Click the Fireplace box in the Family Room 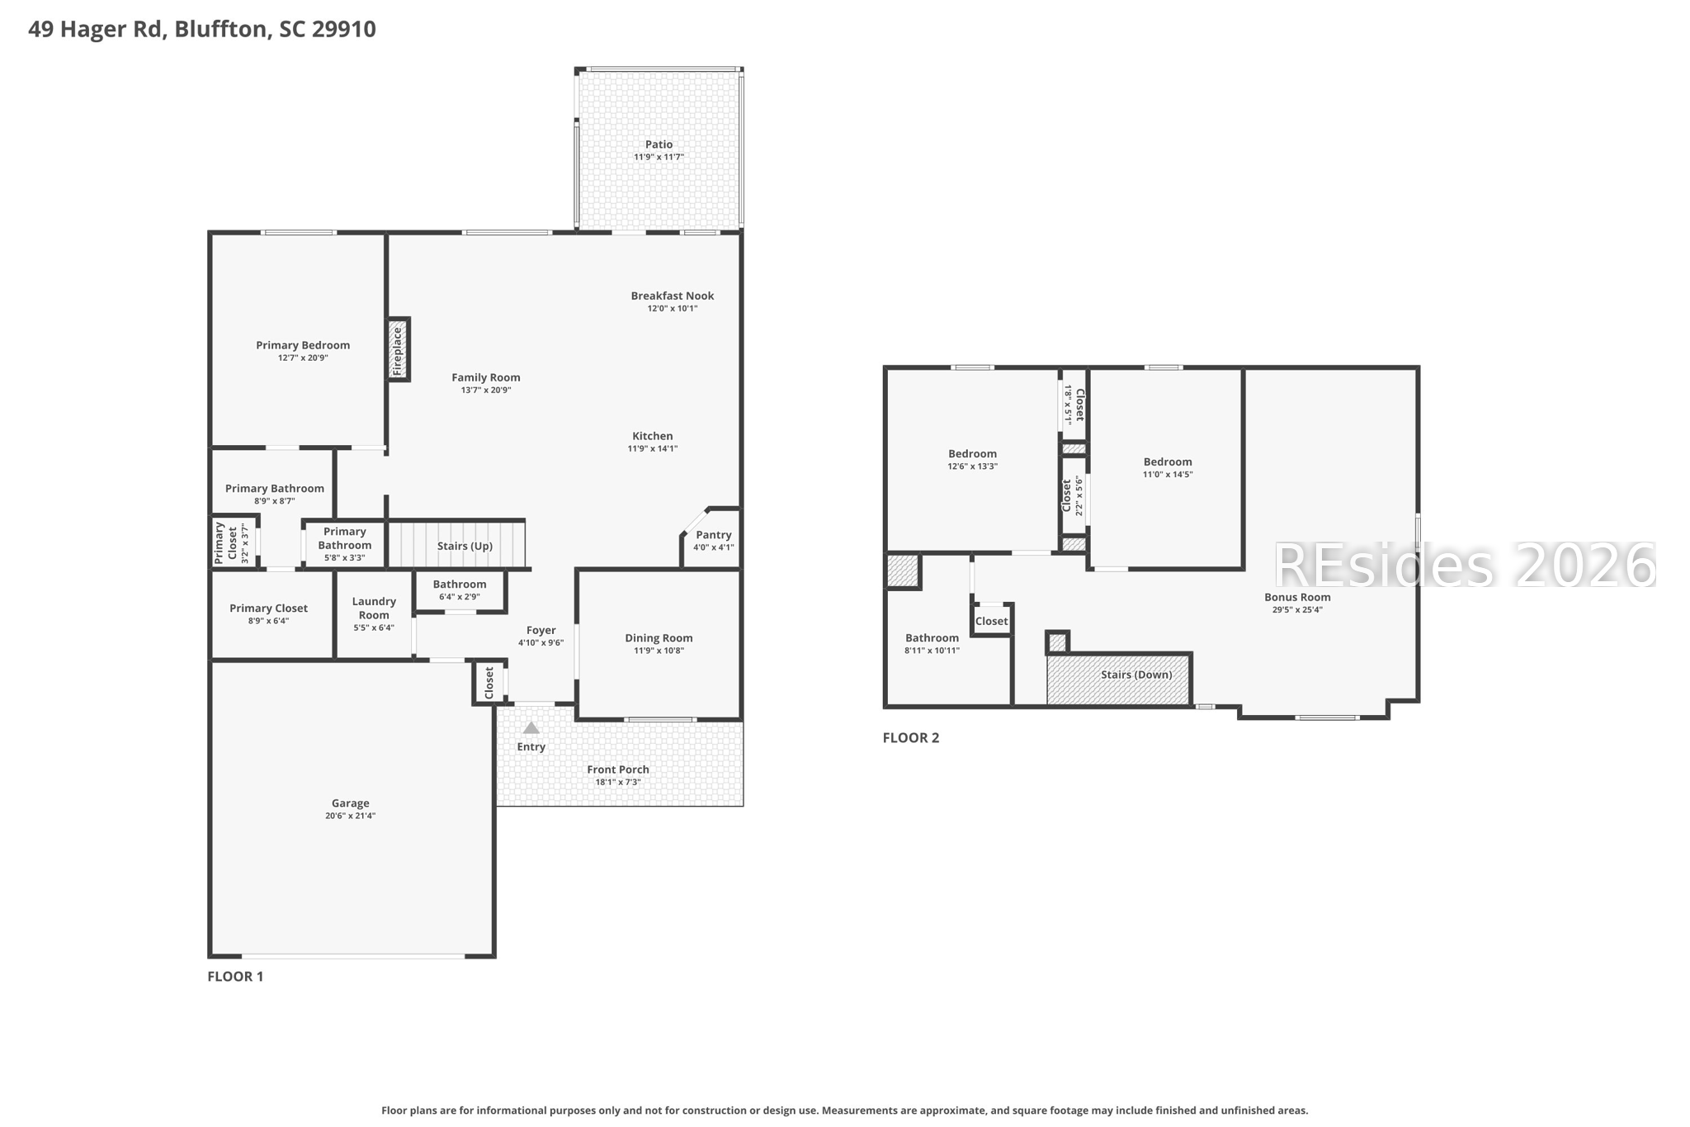[399, 349]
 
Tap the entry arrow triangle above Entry [531, 728]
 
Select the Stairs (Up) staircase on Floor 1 [456, 544]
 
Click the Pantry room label [713, 535]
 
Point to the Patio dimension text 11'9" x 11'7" [659, 157]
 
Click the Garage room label [350, 803]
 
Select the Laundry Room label [374, 608]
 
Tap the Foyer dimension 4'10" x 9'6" [541, 642]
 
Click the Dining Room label [659, 637]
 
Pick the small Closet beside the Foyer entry [489, 683]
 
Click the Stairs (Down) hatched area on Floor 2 [1118, 679]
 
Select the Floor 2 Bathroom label [932, 637]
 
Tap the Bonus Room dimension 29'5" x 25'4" [1297, 610]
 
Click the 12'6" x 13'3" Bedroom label [972, 453]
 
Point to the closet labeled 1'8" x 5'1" [1074, 405]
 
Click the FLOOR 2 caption [910, 737]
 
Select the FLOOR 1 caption [235, 976]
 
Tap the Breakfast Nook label [672, 296]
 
